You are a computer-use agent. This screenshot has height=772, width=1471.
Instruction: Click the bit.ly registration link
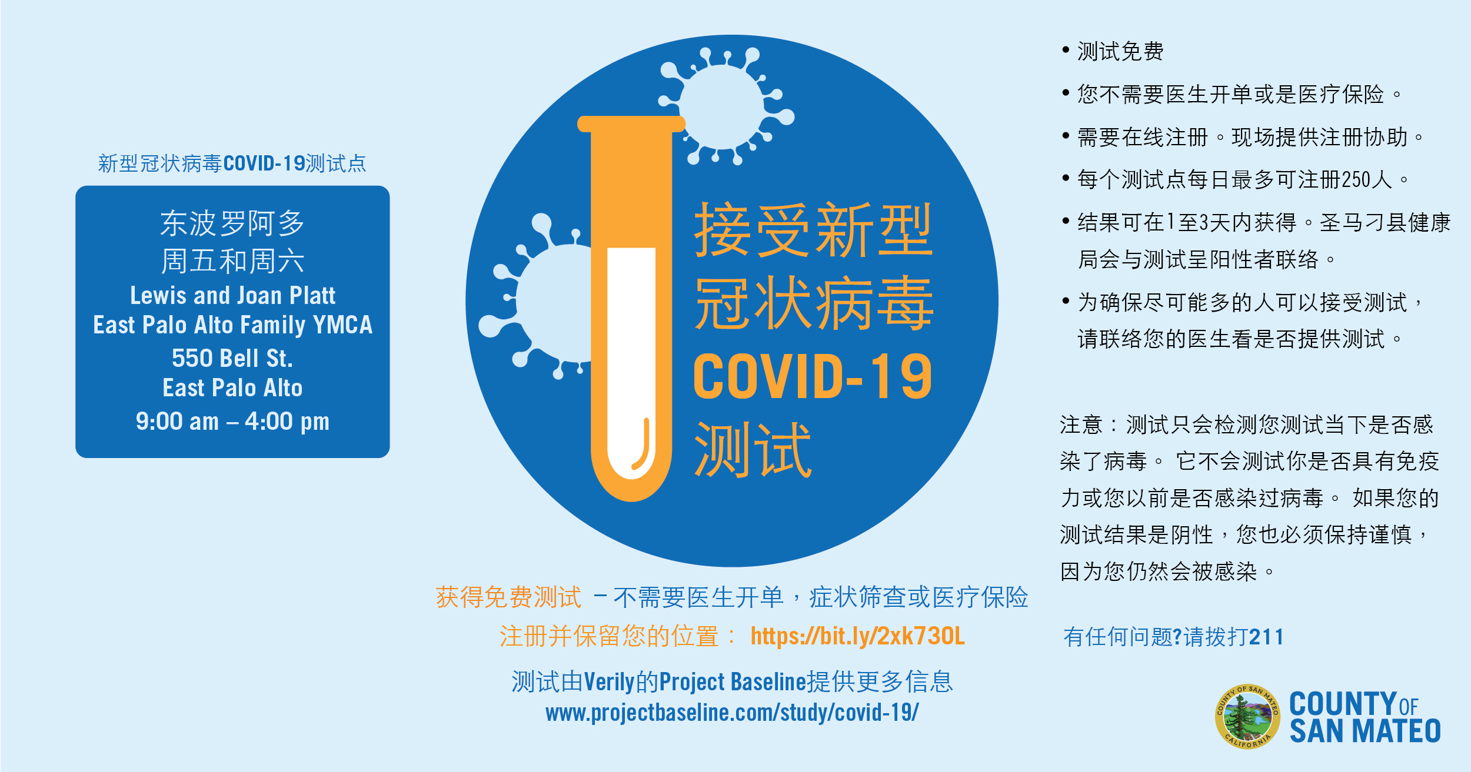point(857,636)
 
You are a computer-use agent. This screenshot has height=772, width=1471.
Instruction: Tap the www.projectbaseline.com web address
point(732,713)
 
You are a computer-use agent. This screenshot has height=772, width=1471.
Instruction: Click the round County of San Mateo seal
point(1247,716)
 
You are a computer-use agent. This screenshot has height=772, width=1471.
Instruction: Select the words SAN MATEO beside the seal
point(1365,731)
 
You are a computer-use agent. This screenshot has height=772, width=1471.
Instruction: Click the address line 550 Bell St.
point(232,358)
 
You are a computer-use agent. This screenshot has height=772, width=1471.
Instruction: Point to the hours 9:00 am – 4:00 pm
point(232,422)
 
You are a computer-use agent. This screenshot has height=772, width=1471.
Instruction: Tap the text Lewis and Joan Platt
point(232,295)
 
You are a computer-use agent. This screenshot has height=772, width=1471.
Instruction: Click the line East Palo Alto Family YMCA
point(232,325)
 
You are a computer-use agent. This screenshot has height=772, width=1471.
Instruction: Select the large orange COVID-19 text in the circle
point(813,376)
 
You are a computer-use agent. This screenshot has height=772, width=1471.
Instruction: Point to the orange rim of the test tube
point(631,123)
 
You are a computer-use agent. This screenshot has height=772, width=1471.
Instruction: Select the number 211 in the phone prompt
point(1266,637)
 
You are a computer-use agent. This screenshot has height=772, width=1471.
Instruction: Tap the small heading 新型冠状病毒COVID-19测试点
point(232,163)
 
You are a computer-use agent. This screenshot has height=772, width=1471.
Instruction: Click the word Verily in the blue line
point(610,682)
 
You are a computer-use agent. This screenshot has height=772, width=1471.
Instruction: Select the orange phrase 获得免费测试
point(508,597)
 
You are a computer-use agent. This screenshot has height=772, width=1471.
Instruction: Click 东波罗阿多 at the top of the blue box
point(232,223)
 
